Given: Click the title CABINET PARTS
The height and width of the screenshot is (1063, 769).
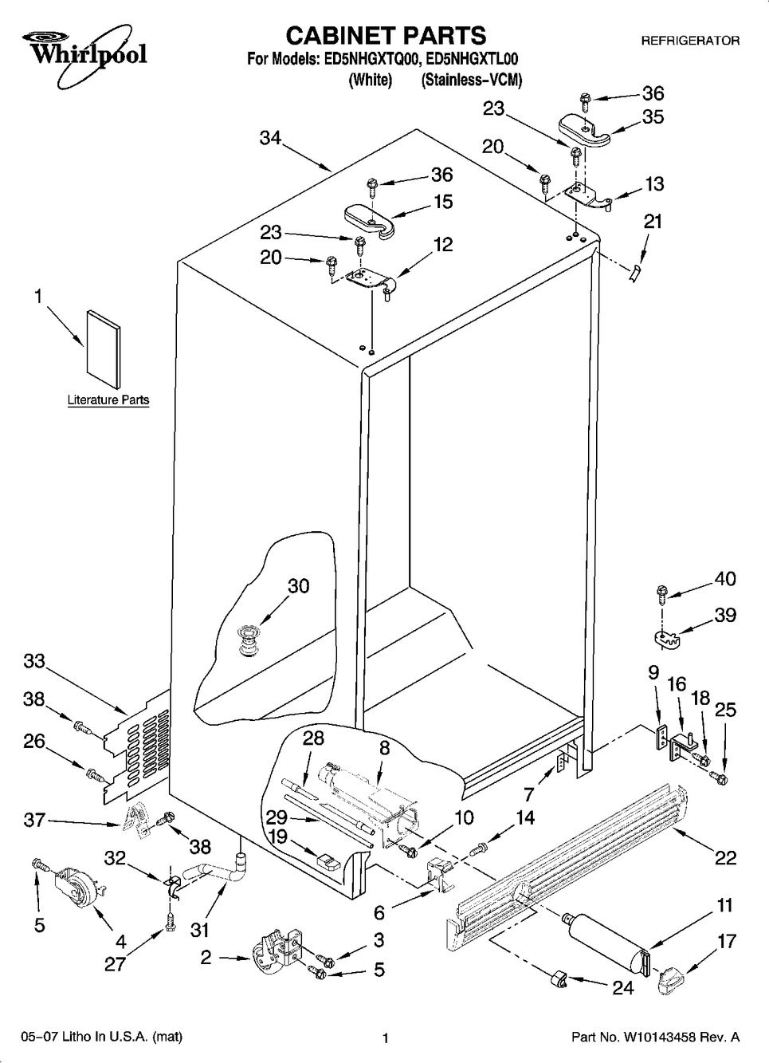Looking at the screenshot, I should click(x=385, y=35).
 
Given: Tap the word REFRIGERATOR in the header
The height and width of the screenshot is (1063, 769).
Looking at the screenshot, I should click(x=690, y=41).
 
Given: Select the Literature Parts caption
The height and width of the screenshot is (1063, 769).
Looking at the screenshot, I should click(x=108, y=400).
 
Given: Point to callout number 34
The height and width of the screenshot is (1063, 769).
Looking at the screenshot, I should click(x=270, y=137).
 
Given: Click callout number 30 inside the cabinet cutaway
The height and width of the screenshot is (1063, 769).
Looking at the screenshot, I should click(x=298, y=586).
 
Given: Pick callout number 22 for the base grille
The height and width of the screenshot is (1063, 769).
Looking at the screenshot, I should click(x=725, y=857).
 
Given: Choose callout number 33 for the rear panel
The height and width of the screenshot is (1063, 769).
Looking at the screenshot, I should click(x=34, y=661).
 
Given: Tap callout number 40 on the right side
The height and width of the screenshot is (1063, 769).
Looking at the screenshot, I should click(x=725, y=579).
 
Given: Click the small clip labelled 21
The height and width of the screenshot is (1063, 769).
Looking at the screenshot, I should click(x=634, y=273).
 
